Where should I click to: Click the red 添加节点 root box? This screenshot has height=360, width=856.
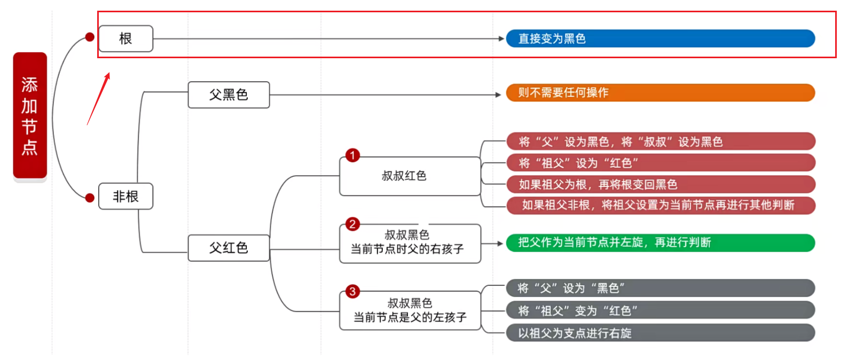(30, 115)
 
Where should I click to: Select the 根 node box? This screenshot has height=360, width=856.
(125, 38)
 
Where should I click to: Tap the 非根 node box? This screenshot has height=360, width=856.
(125, 197)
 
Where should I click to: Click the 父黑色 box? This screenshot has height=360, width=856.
(229, 95)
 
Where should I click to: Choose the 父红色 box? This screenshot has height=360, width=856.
(229, 248)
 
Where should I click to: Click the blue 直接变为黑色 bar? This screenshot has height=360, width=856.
(660, 38)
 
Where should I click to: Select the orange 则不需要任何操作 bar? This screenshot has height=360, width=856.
(660, 92)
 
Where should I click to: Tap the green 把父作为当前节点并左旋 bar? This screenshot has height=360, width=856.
(660, 242)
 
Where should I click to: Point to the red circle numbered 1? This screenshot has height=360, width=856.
(352, 155)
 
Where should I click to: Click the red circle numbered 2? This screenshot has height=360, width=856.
(352, 224)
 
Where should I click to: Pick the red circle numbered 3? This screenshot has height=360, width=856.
(352, 292)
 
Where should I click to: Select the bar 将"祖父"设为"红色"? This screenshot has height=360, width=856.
(660, 163)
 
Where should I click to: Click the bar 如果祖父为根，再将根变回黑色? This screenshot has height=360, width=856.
(660, 184)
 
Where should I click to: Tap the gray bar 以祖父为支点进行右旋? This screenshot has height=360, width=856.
(660, 333)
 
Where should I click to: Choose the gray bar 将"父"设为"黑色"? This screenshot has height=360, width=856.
(660, 288)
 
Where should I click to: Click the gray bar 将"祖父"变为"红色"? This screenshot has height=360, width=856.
(660, 310)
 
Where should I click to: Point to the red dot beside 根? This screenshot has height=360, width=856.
(90, 37)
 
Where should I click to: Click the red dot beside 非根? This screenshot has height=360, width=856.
(90, 198)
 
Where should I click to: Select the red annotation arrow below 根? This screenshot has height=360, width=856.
(99, 99)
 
